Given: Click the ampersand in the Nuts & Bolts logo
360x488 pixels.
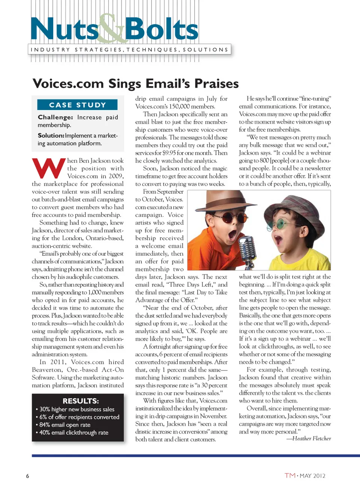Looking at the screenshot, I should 112,29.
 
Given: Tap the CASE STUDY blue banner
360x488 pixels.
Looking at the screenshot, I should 77,105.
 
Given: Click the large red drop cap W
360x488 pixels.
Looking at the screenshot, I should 48,169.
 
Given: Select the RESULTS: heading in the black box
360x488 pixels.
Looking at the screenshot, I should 81,401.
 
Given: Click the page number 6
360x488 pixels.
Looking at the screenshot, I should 27,476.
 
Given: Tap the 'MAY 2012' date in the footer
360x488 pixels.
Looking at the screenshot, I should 312,476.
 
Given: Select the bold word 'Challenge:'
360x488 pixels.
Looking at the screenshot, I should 55,117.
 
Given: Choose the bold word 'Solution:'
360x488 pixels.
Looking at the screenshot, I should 51,136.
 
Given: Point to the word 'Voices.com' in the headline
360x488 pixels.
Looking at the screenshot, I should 68,83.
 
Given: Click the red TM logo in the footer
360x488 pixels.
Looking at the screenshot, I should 290,476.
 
